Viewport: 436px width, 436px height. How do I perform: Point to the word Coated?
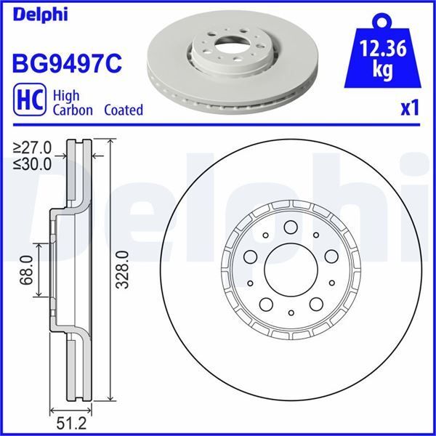click(x=123, y=110)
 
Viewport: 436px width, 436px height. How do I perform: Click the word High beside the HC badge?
click(x=67, y=96)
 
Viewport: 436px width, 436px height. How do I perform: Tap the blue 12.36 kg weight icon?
click(x=384, y=55)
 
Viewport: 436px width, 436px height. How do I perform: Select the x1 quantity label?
click(x=411, y=108)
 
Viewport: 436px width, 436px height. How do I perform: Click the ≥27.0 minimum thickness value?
click(x=33, y=149)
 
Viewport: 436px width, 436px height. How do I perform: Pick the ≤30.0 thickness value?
click(x=33, y=163)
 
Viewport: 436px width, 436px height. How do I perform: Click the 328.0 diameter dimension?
click(x=123, y=270)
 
